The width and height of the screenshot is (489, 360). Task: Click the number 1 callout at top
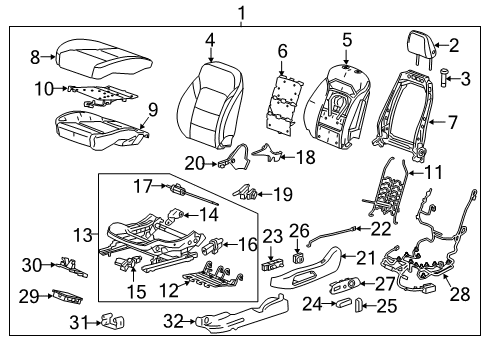[x=240, y=13]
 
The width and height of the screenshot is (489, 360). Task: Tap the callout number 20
[x=195, y=163]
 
